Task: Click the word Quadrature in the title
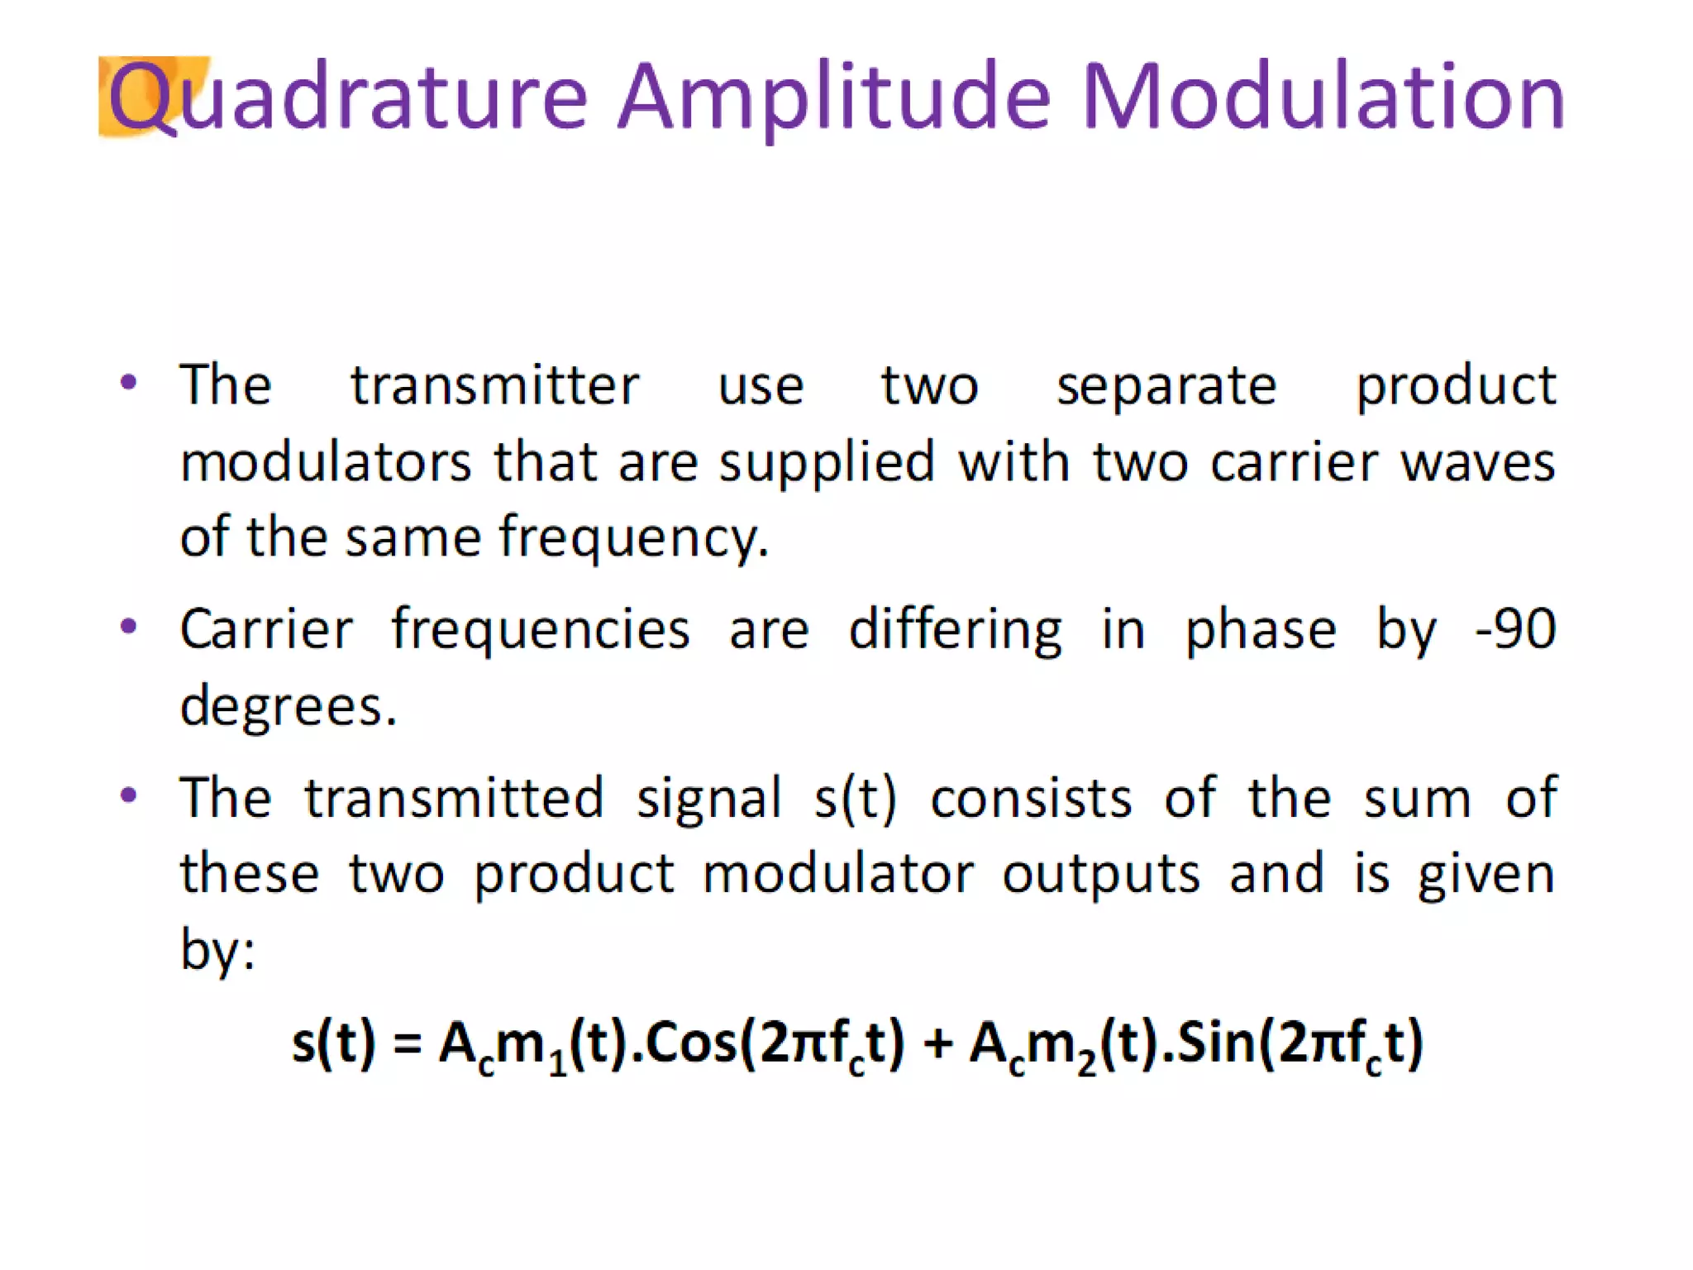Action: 347,98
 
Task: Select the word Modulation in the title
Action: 1323,98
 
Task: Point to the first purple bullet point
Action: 128,382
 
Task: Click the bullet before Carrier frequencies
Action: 128,627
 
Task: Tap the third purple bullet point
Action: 128,795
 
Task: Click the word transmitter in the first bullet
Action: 494,385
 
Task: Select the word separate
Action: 1166,387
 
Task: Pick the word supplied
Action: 827,463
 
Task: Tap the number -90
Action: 1515,630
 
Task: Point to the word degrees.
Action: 289,708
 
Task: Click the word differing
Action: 956,630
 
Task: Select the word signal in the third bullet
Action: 709,800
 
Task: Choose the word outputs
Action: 1101,875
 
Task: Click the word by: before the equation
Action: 217,949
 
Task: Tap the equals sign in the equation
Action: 408,1043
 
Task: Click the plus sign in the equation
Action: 938,1043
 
